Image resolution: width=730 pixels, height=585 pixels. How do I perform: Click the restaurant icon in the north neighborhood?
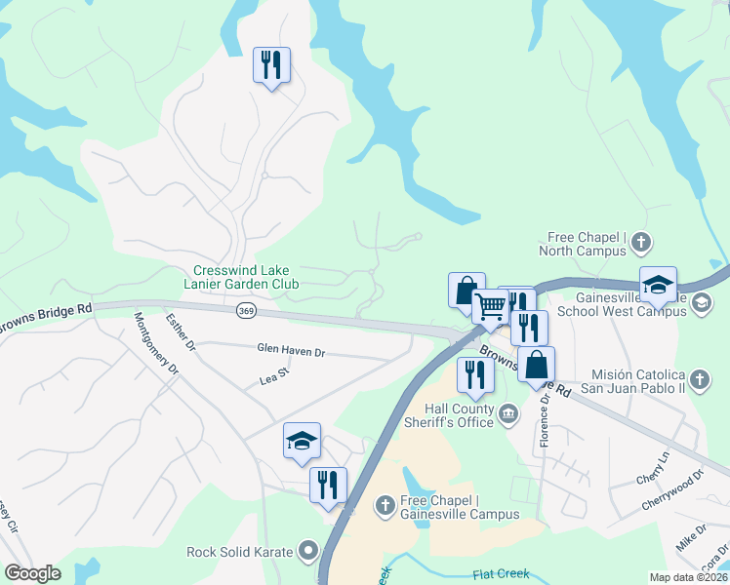(x=270, y=65)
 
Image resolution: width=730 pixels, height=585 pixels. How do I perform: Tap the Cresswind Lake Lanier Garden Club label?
(x=245, y=277)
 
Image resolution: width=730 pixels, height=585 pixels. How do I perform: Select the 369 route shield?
(x=246, y=311)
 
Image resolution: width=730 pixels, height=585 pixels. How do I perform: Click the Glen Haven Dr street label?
(x=290, y=349)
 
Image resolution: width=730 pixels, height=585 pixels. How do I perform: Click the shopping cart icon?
(x=491, y=307)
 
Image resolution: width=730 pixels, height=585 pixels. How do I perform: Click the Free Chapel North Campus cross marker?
(x=641, y=241)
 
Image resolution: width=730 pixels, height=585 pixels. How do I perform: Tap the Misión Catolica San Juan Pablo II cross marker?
(x=699, y=378)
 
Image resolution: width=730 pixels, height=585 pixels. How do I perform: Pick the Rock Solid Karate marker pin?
(x=309, y=552)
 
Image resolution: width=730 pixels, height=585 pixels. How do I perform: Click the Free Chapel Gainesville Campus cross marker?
(x=385, y=505)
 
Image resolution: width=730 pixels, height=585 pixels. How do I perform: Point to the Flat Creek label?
(x=501, y=574)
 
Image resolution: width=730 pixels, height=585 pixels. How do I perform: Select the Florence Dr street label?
(x=545, y=422)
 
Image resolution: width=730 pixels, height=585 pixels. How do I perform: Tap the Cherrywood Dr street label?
(x=671, y=490)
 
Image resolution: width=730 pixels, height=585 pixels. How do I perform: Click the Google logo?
(x=33, y=573)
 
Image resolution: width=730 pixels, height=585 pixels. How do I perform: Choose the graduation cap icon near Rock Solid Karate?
(x=302, y=441)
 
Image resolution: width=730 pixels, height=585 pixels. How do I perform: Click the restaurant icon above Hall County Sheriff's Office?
(x=475, y=374)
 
